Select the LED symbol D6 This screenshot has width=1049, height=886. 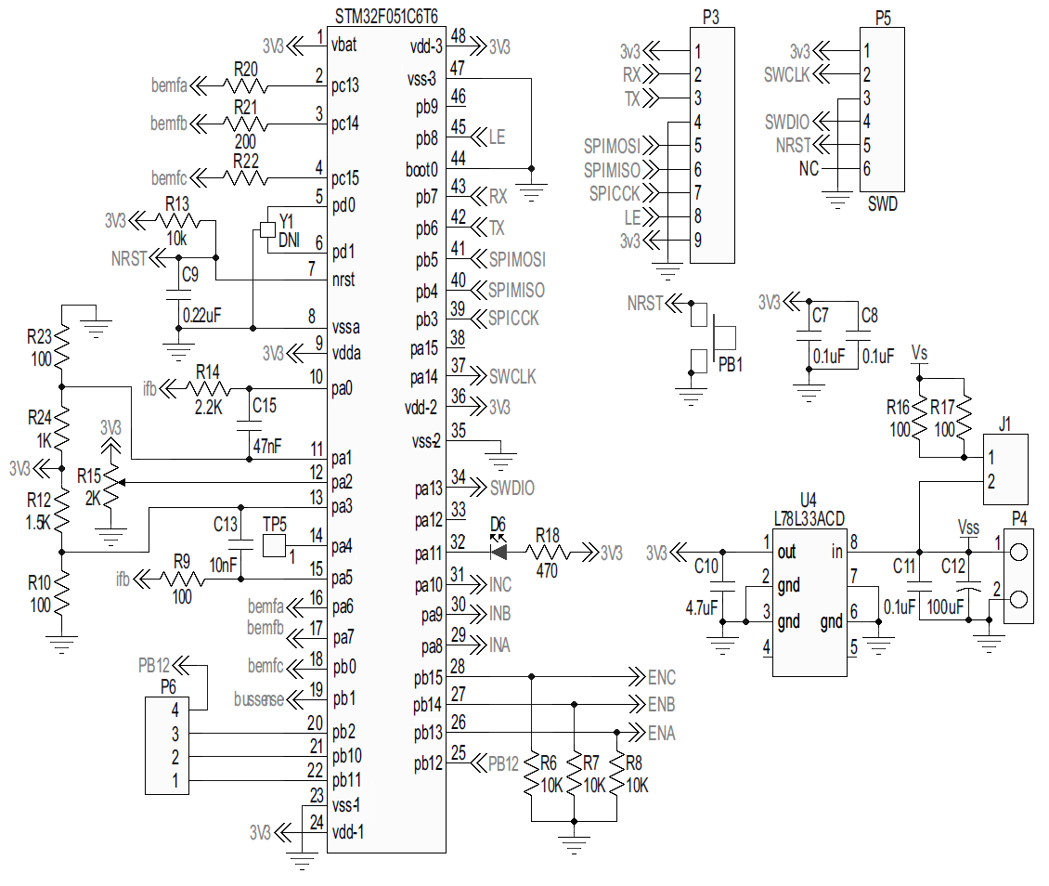[x=499, y=552]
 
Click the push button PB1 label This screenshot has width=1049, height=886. [x=731, y=363]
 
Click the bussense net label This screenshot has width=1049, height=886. [x=259, y=699]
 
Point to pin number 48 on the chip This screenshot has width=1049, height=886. [x=458, y=35]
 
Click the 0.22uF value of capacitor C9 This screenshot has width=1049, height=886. [x=201, y=315]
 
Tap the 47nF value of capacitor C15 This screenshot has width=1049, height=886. [x=266, y=447]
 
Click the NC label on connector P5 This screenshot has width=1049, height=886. [x=808, y=169]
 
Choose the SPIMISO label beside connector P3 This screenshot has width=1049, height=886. [x=612, y=169]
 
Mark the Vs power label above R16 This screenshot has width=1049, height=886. [x=919, y=353]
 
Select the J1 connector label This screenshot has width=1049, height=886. [x=1004, y=423]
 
